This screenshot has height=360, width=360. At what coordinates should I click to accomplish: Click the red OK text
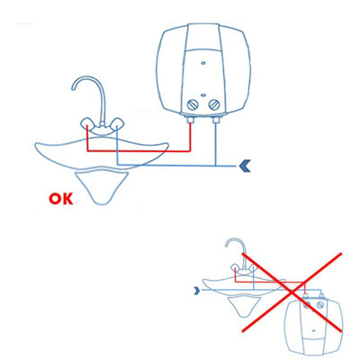(x=61, y=199)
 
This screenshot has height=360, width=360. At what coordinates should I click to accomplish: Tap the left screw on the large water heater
(x=193, y=104)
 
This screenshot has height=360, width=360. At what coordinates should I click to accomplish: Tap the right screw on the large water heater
(x=214, y=104)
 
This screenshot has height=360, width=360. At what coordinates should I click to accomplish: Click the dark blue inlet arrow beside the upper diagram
(x=245, y=166)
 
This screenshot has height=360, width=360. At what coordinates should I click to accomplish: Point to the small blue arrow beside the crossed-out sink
(x=197, y=290)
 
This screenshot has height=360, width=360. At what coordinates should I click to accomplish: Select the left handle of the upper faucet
(x=87, y=123)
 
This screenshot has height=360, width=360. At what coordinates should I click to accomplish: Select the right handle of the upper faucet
(x=118, y=123)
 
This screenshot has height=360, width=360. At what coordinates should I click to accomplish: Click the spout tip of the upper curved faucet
(x=73, y=89)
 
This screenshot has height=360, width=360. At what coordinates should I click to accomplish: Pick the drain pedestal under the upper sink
(x=102, y=187)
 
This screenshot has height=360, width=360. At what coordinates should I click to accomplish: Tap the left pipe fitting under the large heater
(x=190, y=121)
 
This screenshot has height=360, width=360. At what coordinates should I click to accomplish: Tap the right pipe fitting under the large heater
(x=216, y=121)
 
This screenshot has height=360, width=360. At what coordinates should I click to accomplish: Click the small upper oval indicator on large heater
(x=203, y=63)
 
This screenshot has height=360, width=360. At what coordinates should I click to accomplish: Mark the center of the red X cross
(x=292, y=291)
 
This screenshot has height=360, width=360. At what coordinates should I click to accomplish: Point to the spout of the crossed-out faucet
(x=227, y=246)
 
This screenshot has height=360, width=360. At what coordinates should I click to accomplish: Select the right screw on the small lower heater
(x=320, y=306)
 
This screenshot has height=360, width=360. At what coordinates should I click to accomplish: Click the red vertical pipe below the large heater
(x=190, y=138)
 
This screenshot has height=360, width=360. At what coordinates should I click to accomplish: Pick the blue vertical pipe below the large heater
(x=216, y=145)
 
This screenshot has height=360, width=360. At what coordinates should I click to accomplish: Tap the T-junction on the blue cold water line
(x=216, y=166)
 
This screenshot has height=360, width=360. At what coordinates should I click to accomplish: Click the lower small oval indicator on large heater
(x=203, y=95)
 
